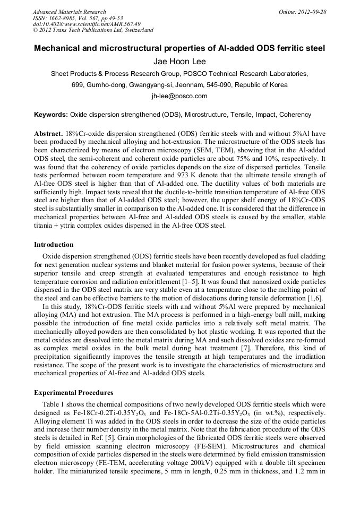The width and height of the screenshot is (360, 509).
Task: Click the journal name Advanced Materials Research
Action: pos(69,12)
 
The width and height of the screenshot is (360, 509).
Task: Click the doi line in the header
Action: pos(87,24)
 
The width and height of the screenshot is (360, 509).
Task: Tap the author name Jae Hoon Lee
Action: pos(179,62)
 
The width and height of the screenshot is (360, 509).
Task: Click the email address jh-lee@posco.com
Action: pos(179,96)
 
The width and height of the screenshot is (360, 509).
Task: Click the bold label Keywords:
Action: pos(51,115)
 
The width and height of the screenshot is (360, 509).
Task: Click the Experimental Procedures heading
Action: pos(73,393)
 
